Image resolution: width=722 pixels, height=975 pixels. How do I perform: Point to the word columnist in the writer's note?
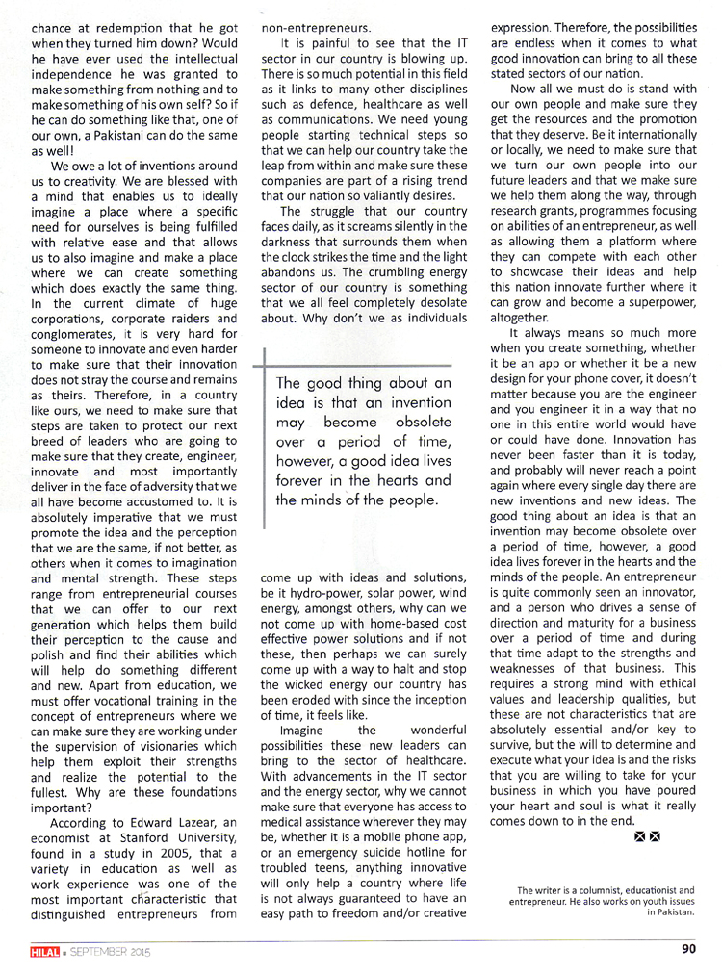point(600,890)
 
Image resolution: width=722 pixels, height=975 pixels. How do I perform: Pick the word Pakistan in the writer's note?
point(670,911)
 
